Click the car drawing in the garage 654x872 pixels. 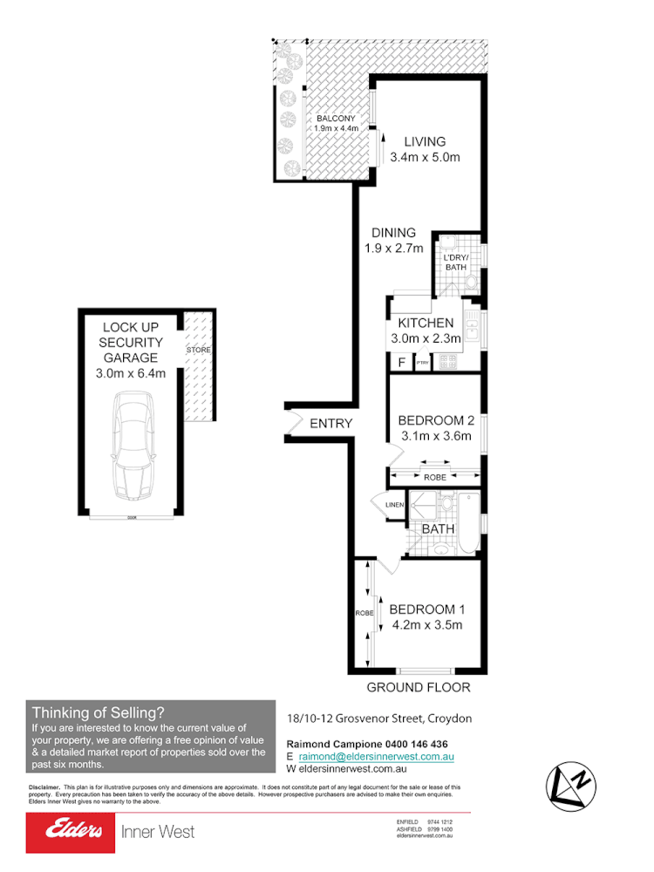click(x=132, y=447)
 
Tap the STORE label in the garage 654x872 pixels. click(x=198, y=351)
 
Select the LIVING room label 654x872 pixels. click(x=425, y=141)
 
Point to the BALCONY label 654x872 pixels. click(x=336, y=119)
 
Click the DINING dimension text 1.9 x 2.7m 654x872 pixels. click(x=393, y=249)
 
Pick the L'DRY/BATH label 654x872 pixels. click(x=456, y=262)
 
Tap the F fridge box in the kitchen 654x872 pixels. click(x=401, y=362)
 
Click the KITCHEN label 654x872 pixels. click(x=425, y=323)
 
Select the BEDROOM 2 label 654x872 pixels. click(x=435, y=419)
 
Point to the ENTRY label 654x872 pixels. click(x=331, y=424)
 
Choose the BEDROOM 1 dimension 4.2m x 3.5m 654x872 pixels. click(x=426, y=624)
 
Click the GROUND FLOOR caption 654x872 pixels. click(x=418, y=687)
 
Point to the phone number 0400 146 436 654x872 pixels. click(x=416, y=744)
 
